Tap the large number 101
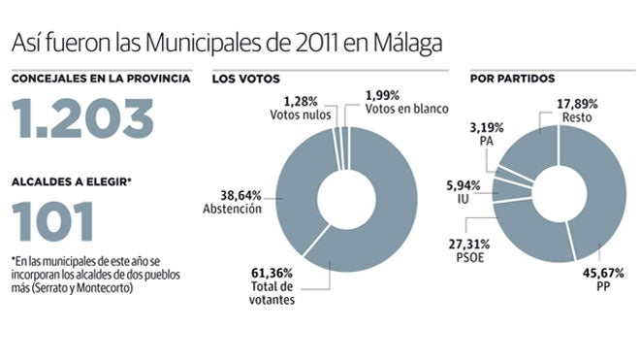(53, 221)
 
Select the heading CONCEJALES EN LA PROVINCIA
(101, 78)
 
